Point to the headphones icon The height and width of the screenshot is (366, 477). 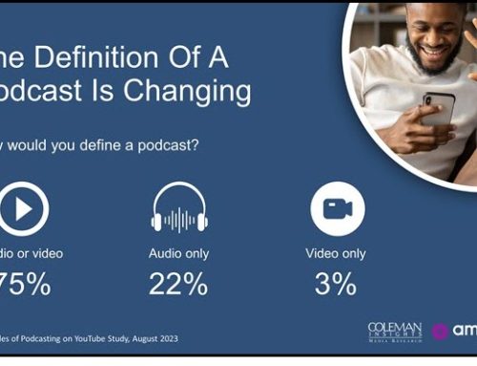click(x=178, y=206)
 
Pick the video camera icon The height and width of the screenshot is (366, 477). click(x=337, y=207)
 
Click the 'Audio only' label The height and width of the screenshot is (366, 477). click(x=178, y=254)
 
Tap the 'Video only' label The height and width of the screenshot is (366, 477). click(x=336, y=254)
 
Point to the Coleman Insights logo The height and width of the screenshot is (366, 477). click(x=394, y=332)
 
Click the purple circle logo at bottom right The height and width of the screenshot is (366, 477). click(x=441, y=332)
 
